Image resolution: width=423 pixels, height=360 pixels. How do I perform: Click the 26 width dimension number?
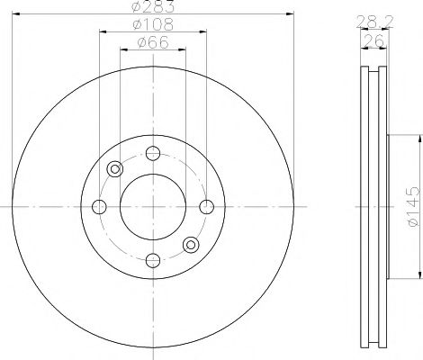pyautogui.click(x=368, y=40)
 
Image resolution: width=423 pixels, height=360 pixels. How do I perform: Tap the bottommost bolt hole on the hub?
pyautogui.click(x=152, y=260)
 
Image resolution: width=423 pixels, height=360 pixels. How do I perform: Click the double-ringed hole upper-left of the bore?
pyautogui.click(x=114, y=168)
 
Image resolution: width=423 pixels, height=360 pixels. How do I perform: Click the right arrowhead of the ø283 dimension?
pyautogui.click(x=292, y=14)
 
